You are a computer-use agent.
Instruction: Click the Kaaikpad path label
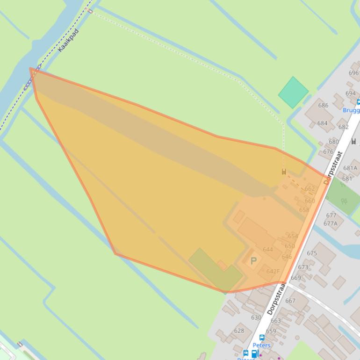tap(69, 40)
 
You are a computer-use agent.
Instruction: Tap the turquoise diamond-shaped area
tap(294, 93)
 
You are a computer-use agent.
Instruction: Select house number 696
tap(353, 73)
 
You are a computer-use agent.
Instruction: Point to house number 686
tap(323, 105)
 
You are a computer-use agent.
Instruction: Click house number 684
tap(322, 123)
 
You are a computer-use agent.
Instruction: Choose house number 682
tap(343, 127)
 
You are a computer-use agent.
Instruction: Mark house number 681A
tap(350, 168)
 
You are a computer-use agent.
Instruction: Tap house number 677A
tap(330, 223)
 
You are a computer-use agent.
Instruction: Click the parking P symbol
tap(253, 261)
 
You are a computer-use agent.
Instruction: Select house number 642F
tap(273, 271)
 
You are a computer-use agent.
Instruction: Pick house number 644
tap(267, 249)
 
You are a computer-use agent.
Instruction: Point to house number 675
tap(312, 253)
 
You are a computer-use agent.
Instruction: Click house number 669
tap(295, 278)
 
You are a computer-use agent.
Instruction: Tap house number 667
tap(290, 301)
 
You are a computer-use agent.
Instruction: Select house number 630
tap(256, 317)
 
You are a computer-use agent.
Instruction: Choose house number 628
tap(239, 331)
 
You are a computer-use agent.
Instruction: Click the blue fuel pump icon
tap(254, 354)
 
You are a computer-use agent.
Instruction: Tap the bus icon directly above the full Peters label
tap(262, 338)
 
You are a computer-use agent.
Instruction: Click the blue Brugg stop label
tap(351, 110)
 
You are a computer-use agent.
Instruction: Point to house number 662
tap(310, 189)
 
